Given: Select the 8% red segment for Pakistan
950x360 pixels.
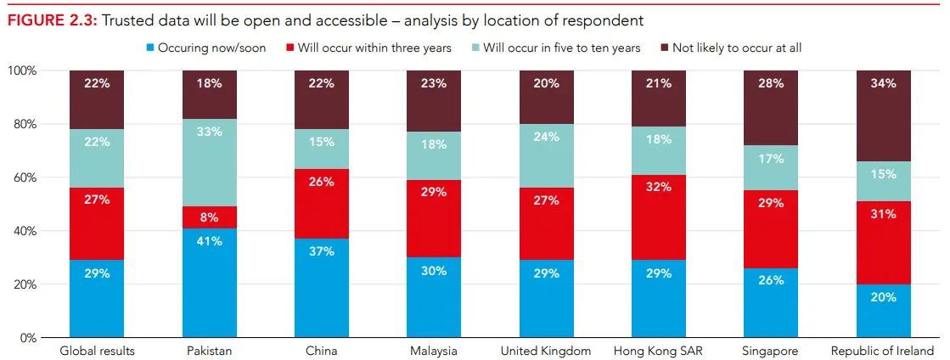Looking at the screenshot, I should pyautogui.click(x=210, y=217).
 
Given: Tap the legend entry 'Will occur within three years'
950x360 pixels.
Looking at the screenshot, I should pyautogui.click(x=369, y=48).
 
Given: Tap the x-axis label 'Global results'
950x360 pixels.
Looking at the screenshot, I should pyautogui.click(x=97, y=351).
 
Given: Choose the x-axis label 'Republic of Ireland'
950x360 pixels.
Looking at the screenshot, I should pyautogui.click(x=883, y=351).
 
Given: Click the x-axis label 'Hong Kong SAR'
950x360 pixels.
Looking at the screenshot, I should pyautogui.click(x=658, y=351).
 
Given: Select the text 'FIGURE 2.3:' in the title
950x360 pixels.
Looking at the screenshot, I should pyautogui.click(x=53, y=20).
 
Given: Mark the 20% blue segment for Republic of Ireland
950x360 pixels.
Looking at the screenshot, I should pyautogui.click(x=883, y=311).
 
